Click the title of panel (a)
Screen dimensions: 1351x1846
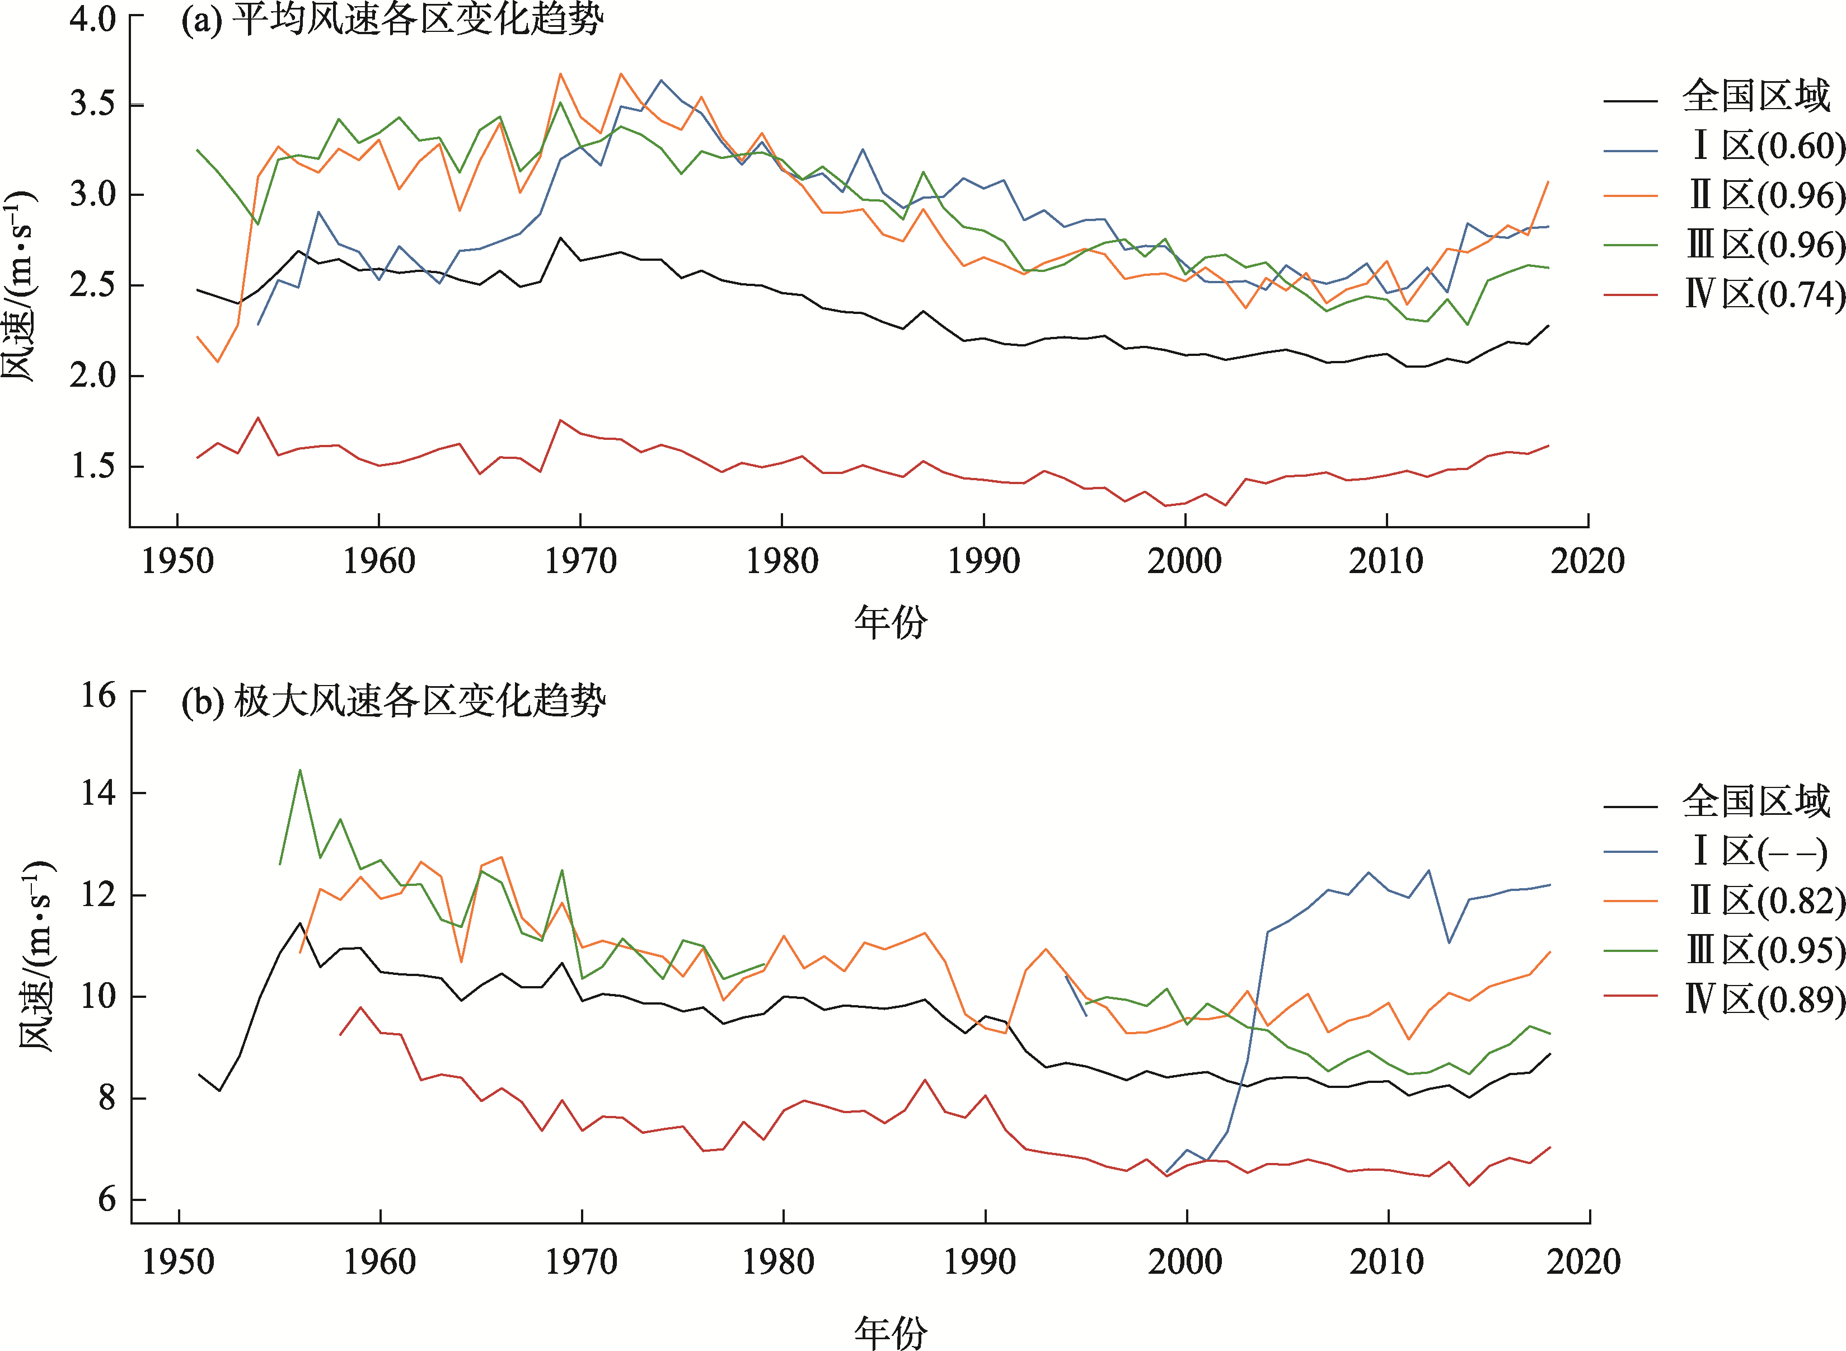tap(392, 20)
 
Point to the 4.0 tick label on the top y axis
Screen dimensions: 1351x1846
tap(92, 18)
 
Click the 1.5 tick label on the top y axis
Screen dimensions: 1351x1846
tap(92, 466)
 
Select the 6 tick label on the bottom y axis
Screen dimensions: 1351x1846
tap(107, 1200)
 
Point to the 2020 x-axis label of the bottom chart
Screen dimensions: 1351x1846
tap(1583, 1262)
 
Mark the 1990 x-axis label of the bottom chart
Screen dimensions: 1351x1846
tap(980, 1262)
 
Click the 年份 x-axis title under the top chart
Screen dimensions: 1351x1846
tap(891, 622)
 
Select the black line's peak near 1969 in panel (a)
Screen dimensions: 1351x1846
tap(560, 238)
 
